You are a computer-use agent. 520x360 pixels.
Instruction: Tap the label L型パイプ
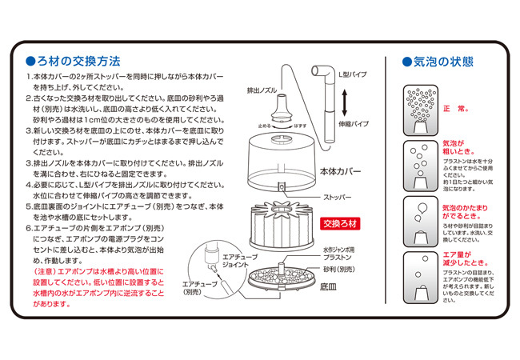click(352, 74)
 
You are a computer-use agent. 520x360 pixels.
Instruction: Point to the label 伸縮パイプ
click(352, 125)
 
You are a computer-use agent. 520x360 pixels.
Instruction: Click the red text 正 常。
click(458, 106)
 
